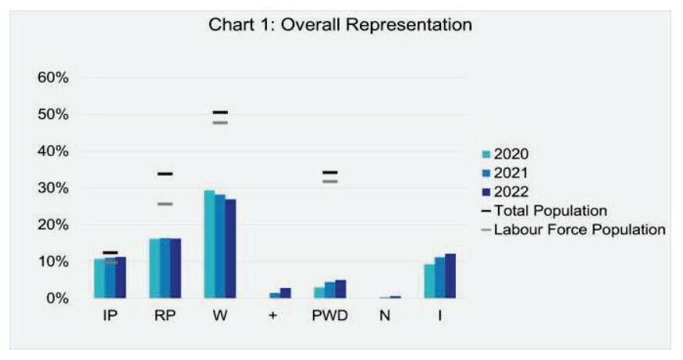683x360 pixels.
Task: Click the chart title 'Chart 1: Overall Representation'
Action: pos(340,24)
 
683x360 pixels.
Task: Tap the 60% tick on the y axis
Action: pos(53,77)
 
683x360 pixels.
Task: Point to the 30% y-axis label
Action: pos(53,188)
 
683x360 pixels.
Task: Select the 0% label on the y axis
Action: pos(58,298)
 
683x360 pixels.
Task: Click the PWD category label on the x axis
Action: pos(329,315)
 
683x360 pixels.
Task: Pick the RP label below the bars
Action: pos(165,315)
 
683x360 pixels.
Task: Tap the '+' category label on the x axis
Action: pos(272,315)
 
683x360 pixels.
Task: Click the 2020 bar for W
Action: pos(209,244)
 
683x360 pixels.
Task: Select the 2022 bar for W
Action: pos(230,248)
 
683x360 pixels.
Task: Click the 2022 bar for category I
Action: pos(450,276)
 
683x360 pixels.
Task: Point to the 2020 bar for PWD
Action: pos(319,292)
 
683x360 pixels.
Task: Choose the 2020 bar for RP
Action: pos(155,269)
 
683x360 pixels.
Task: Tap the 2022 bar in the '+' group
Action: pos(286,293)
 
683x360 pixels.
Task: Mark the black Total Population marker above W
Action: pos(220,112)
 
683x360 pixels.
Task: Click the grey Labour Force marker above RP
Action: pos(165,204)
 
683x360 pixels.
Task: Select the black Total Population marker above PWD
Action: pos(330,173)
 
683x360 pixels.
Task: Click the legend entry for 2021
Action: pos(505,173)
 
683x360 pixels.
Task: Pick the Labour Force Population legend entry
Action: pos(574,230)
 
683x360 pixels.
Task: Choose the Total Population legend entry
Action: pos(545,211)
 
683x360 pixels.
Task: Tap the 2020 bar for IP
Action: pos(99,279)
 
